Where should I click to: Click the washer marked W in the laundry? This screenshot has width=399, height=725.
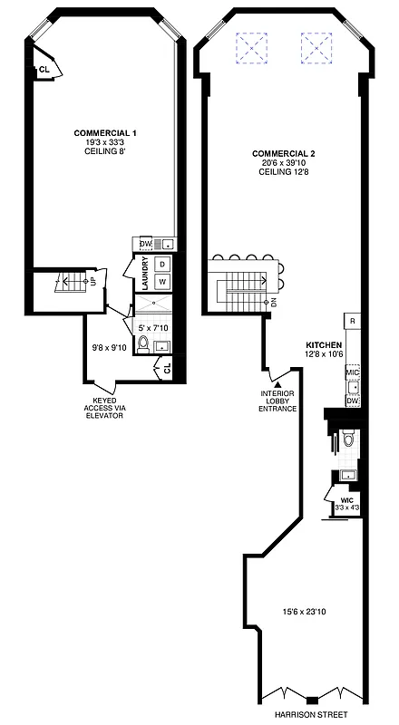(162, 282)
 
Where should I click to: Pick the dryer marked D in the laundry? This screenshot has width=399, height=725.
(162, 264)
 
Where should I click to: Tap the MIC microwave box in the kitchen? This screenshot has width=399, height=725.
(353, 372)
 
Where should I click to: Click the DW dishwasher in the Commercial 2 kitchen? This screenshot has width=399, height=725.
(353, 400)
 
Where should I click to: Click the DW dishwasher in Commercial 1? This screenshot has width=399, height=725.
(143, 243)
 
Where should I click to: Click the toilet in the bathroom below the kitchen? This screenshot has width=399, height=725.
(348, 441)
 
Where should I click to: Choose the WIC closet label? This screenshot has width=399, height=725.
(346, 500)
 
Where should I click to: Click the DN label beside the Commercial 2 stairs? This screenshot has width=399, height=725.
(273, 302)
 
